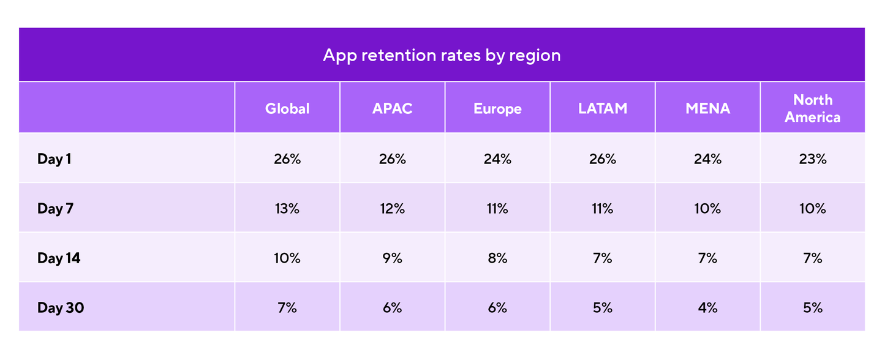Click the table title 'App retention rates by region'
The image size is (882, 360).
(441, 55)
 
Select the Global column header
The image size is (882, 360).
(287, 108)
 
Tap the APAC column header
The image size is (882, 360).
(392, 108)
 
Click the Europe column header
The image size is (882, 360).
(497, 108)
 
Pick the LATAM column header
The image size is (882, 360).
(603, 108)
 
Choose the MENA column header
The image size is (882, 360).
(707, 108)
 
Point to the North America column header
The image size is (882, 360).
(812, 108)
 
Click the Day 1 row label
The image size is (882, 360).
(55, 159)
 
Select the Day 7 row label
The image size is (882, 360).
(55, 209)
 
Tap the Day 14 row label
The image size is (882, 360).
(59, 258)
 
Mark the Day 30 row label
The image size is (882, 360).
(60, 308)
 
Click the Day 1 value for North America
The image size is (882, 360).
(812, 159)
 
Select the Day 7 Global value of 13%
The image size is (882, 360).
(287, 209)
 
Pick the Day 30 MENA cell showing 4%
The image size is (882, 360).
(707, 308)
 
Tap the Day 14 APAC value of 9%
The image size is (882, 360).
(392, 258)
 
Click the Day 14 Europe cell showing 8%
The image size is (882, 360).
(497, 258)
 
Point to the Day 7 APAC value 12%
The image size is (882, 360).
(392, 209)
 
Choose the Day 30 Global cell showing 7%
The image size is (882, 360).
(287, 308)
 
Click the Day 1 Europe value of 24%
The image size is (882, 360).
(497, 159)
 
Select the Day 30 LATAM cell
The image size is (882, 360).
(603, 308)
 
